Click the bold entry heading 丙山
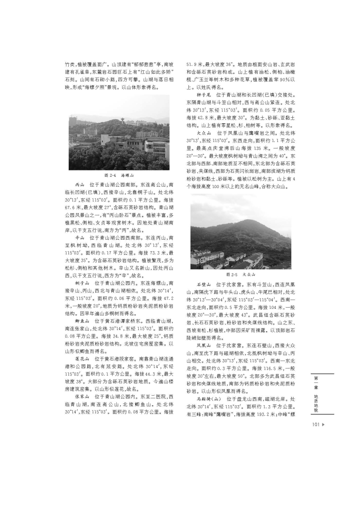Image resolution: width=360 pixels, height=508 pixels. (80, 185)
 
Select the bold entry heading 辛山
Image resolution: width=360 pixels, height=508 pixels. (80, 237)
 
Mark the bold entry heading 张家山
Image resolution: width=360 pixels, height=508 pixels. (82, 398)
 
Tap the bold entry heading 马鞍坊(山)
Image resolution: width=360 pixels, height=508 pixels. (208, 399)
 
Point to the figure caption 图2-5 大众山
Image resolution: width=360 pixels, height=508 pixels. (240, 275)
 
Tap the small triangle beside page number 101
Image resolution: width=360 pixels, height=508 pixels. (323, 425)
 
